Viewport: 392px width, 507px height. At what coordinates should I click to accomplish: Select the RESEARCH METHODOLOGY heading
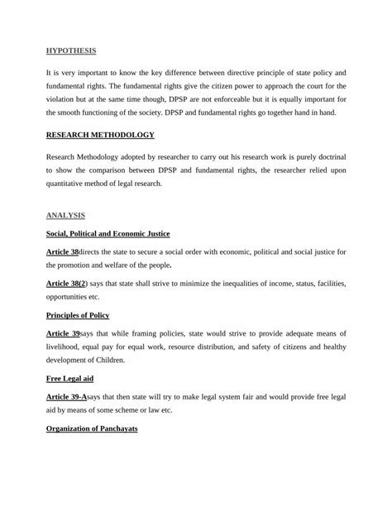[x=100, y=134]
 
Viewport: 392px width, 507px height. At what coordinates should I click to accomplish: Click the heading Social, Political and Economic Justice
[x=108, y=234]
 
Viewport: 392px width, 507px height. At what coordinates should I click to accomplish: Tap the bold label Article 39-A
[x=67, y=396]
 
